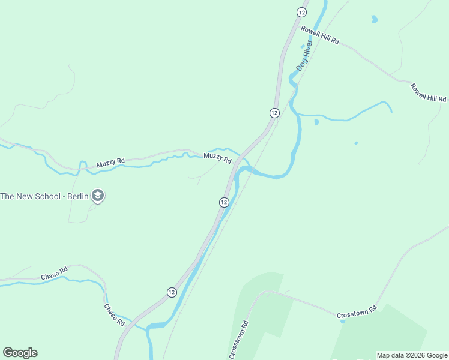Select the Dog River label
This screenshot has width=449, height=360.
click(x=305, y=56)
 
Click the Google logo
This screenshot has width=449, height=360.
click(x=20, y=353)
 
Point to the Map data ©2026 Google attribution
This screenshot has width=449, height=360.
click(x=412, y=355)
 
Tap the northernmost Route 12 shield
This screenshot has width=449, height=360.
click(x=301, y=12)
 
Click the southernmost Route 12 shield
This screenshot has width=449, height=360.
click(x=172, y=292)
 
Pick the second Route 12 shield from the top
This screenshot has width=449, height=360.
click(x=274, y=113)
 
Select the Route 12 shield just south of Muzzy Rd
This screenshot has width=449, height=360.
click(x=223, y=202)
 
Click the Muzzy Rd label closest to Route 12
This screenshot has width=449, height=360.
click(x=217, y=158)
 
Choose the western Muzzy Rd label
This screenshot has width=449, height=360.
click(x=110, y=162)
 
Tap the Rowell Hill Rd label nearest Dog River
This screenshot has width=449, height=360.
click(x=320, y=35)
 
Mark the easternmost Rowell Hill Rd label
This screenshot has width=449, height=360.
click(x=429, y=92)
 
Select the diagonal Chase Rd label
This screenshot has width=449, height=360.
click(x=114, y=315)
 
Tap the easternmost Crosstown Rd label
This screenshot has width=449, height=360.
click(x=357, y=312)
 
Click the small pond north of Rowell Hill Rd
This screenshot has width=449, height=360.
click(x=375, y=19)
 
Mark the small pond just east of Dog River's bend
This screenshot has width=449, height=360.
click(x=316, y=122)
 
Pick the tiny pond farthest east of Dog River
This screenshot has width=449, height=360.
click(x=356, y=143)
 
